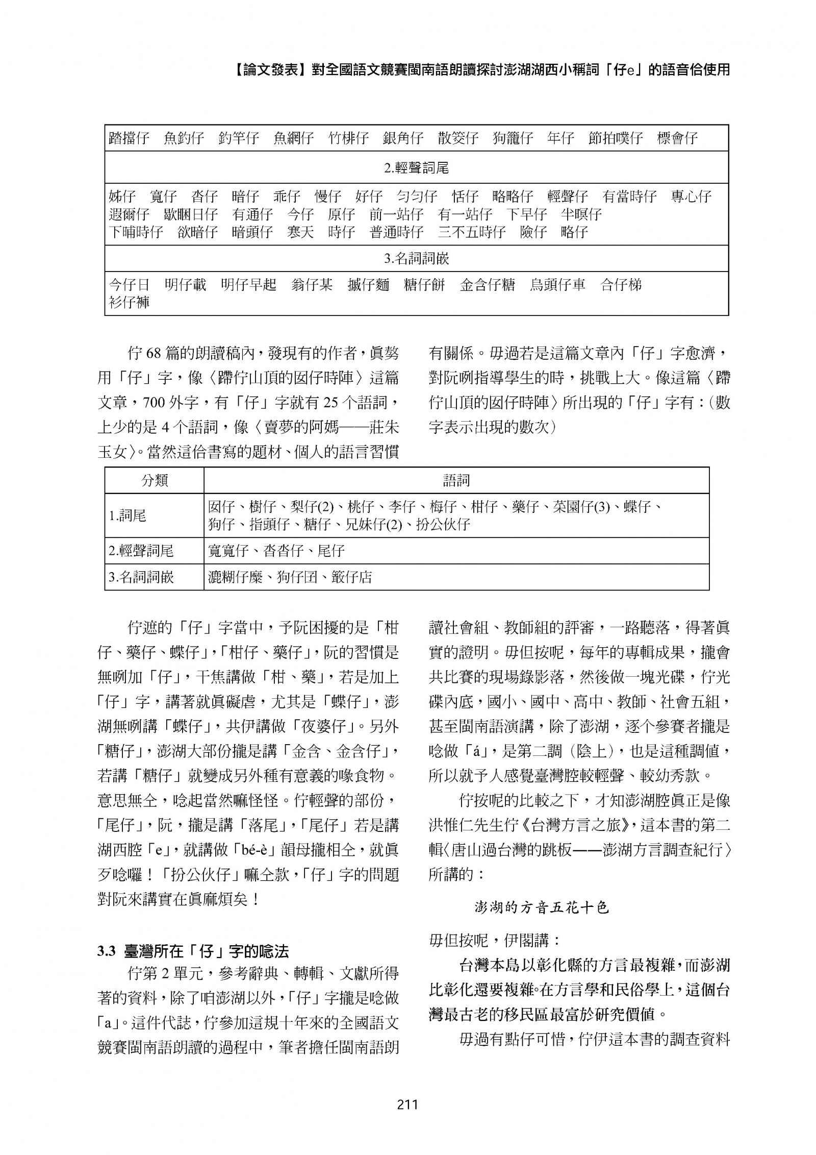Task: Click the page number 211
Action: [407, 1105]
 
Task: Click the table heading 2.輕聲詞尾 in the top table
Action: [416, 168]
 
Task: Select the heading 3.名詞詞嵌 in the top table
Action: [416, 259]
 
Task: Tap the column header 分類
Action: [155, 480]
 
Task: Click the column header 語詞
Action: [456, 480]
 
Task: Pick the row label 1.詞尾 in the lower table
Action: [127, 515]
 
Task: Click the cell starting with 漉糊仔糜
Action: [290, 577]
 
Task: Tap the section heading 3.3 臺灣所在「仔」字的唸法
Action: [193, 951]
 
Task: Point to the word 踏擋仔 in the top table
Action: [129, 138]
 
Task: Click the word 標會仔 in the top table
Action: [677, 138]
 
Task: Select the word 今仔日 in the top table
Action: [129, 285]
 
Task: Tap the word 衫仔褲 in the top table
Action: [129, 303]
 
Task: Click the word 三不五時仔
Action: [471, 232]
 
